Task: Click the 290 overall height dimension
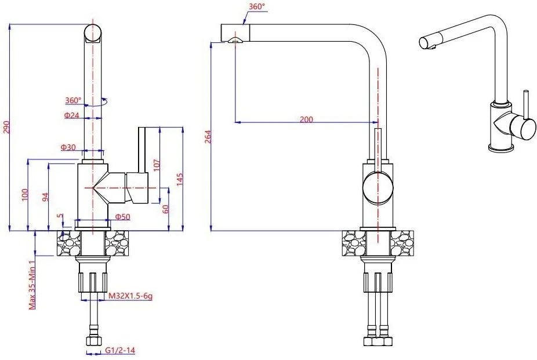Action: coord(7,128)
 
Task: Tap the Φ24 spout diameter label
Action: coord(71,116)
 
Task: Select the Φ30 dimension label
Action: coord(68,147)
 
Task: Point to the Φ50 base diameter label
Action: coord(122,217)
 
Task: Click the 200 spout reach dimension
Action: coord(306,119)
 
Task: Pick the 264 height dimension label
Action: coord(208,136)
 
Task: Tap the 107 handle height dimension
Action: coord(157,165)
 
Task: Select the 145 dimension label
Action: coord(180,179)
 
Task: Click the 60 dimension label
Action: coord(166,209)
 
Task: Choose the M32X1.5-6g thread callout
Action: coord(130,296)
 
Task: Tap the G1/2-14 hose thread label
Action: coord(120,350)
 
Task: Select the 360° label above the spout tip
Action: coord(257,6)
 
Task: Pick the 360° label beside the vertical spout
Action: coord(74,100)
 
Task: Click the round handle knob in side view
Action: coord(378,187)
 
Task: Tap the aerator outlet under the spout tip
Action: coord(235,41)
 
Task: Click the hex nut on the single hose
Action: coord(93,341)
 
